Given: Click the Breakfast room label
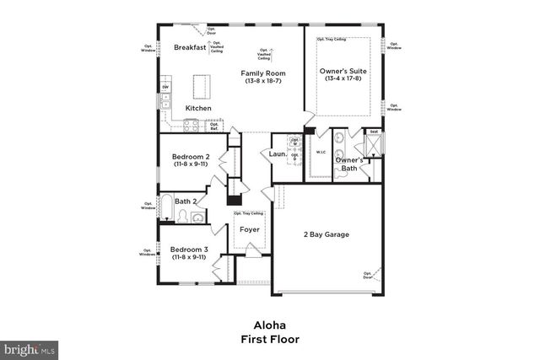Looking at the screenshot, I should pos(190,48).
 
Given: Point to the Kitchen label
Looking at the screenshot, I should pos(198,108).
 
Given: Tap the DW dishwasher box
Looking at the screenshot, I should pos(165,88).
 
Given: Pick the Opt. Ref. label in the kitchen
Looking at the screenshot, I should pos(214,126).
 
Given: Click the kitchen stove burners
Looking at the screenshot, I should pos(191,126).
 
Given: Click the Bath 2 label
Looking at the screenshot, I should pos(186,201).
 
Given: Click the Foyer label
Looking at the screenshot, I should pos(249,229).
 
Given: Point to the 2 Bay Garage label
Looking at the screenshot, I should pos(326,234).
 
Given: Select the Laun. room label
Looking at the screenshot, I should pos(278,154).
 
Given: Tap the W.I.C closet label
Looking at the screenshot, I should pos(321,152).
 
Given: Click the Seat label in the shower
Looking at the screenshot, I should pos(373,132).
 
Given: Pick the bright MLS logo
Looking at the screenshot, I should pos(29,347).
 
